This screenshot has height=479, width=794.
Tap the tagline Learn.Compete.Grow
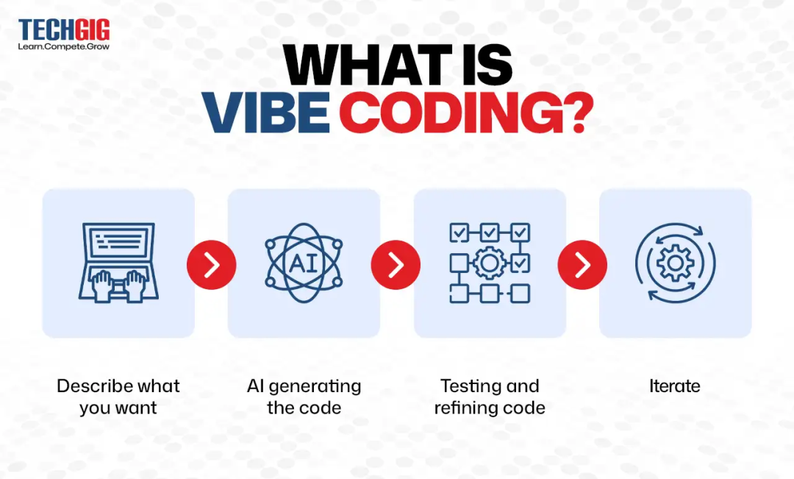(64, 46)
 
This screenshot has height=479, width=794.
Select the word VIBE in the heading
(265, 113)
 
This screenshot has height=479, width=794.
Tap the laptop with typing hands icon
(118, 263)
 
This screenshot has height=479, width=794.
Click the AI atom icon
(304, 263)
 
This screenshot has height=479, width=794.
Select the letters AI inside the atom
(304, 263)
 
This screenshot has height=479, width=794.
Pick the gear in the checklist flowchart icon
(486, 263)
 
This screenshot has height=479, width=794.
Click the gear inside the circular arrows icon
(675, 263)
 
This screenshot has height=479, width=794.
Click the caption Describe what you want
(118, 397)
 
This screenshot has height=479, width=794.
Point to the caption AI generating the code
(304, 397)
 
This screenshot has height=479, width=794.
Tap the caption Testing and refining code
(490, 397)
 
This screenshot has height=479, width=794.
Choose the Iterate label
(675, 386)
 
